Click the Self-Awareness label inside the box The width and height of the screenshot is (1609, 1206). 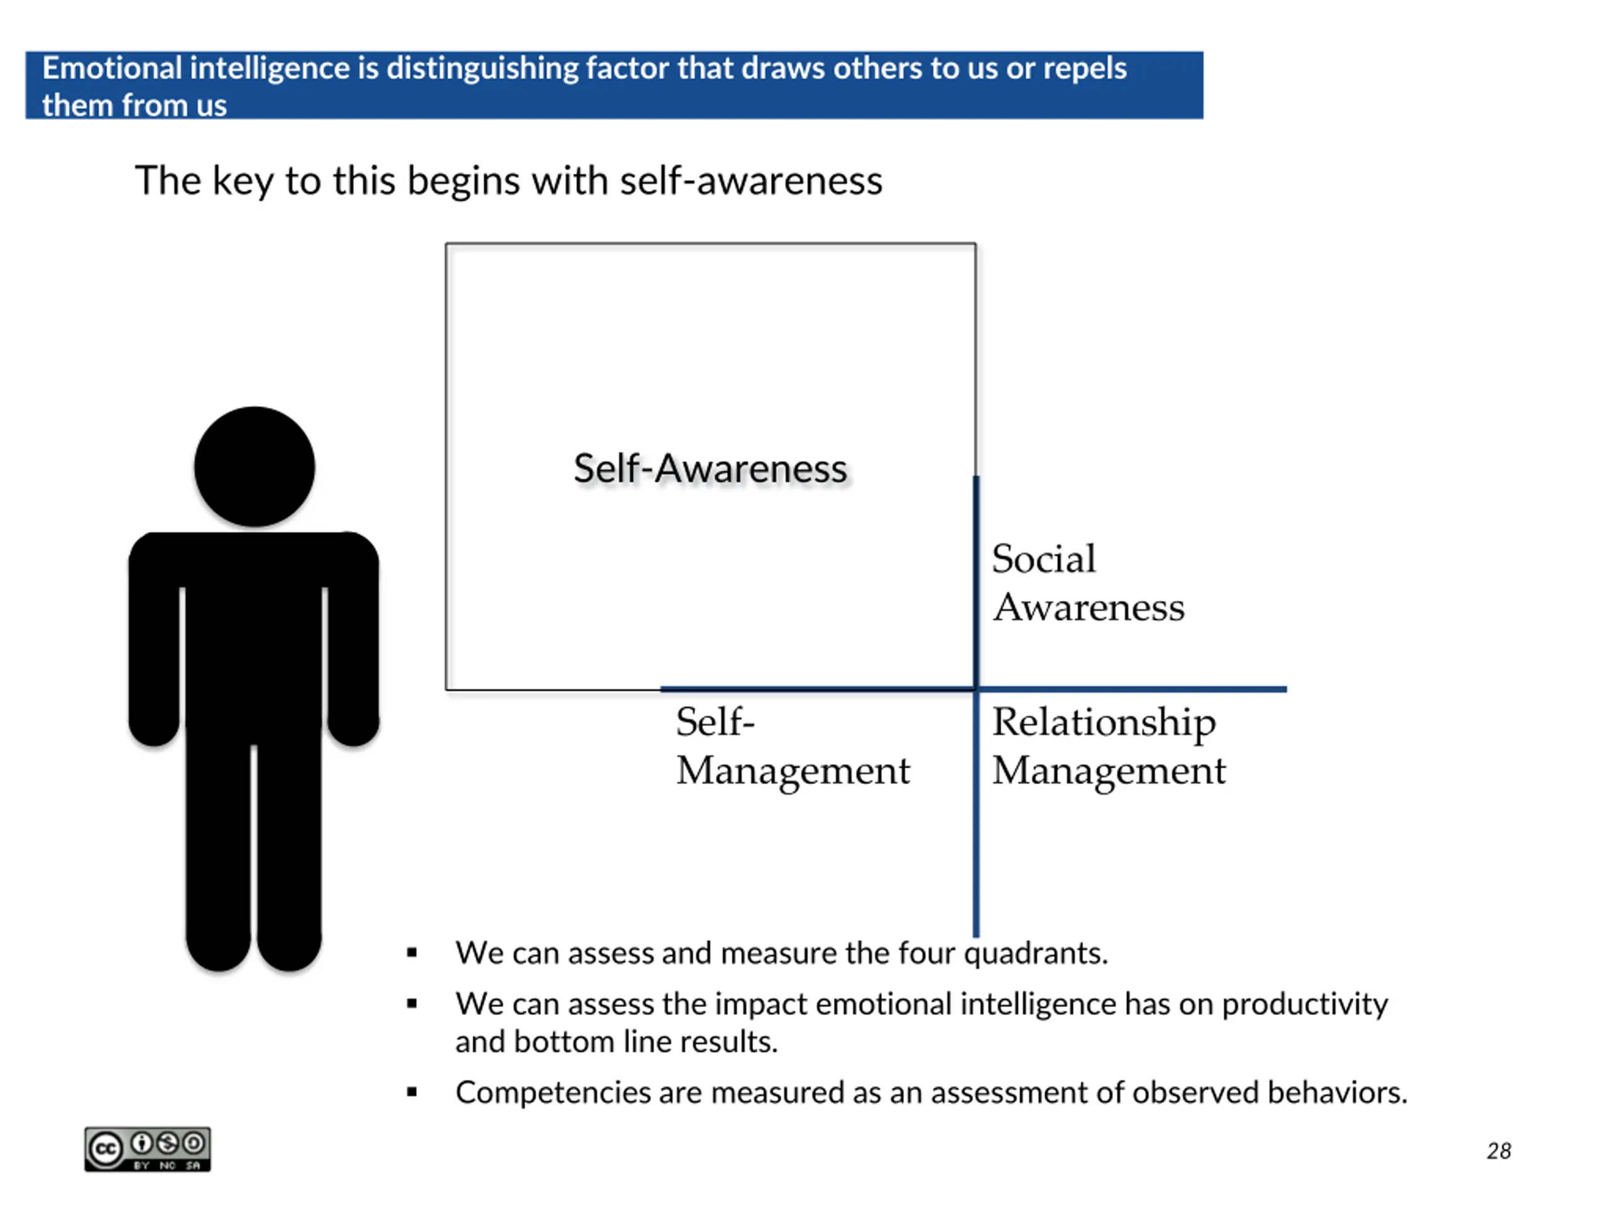[x=710, y=468]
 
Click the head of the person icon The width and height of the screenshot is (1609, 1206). [x=255, y=467]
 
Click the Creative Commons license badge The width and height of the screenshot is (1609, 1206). [x=148, y=1149]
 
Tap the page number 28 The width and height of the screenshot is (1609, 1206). [x=1498, y=1151]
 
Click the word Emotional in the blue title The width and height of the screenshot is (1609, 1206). [x=112, y=68]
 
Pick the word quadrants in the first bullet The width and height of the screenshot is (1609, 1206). [x=1035, y=953]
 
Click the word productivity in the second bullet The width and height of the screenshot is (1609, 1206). [x=1304, y=1004]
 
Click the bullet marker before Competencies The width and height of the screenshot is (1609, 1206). [x=412, y=1092]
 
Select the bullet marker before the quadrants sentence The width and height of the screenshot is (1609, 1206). [x=412, y=952]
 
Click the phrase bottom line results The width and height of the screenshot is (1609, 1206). [x=645, y=1041]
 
